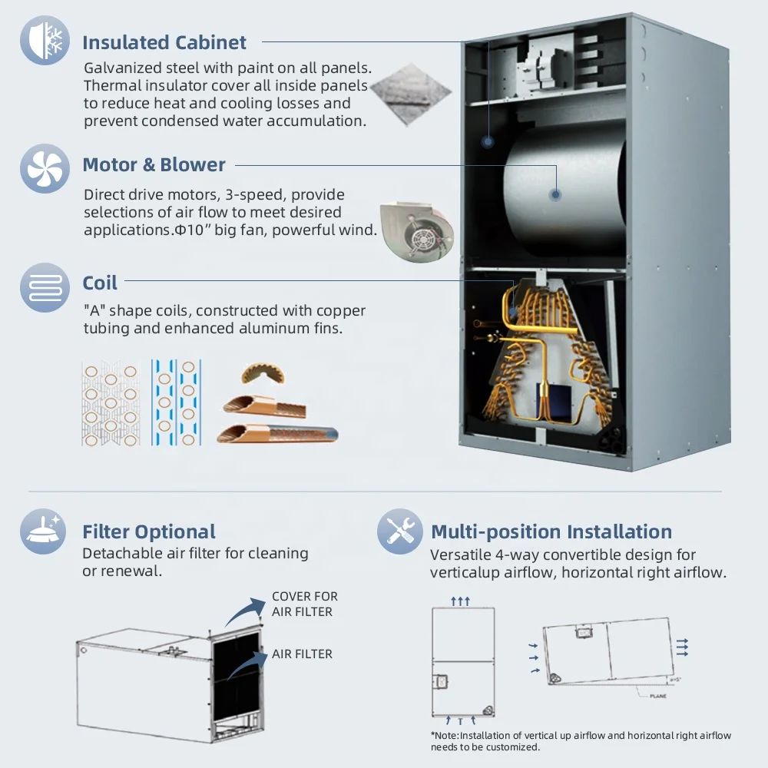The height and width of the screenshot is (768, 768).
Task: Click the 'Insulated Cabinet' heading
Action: [164, 42]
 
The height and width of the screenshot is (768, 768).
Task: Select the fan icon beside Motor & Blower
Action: [45, 167]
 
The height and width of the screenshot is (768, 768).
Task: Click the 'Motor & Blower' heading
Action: [154, 164]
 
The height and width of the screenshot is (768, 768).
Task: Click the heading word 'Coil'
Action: [100, 283]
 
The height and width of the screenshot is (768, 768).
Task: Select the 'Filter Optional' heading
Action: [149, 531]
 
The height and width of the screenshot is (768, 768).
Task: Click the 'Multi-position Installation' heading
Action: [551, 531]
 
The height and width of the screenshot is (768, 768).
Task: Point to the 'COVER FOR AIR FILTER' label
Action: [304, 604]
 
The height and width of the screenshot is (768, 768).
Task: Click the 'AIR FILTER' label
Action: [302, 654]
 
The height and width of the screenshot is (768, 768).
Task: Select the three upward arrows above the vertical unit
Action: [460, 601]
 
